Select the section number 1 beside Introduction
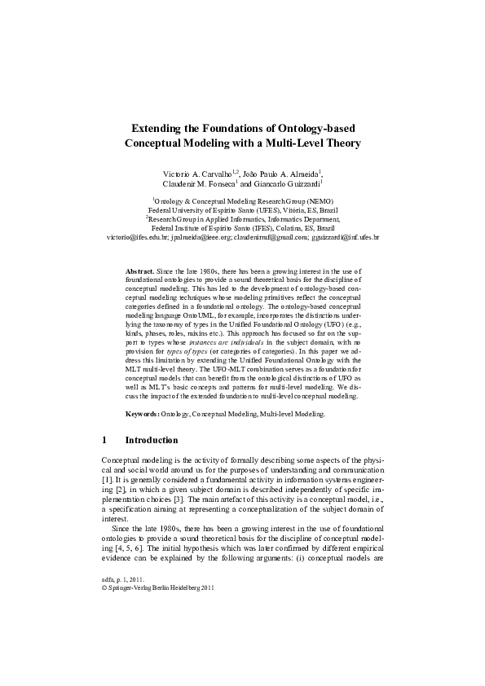(104, 440)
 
